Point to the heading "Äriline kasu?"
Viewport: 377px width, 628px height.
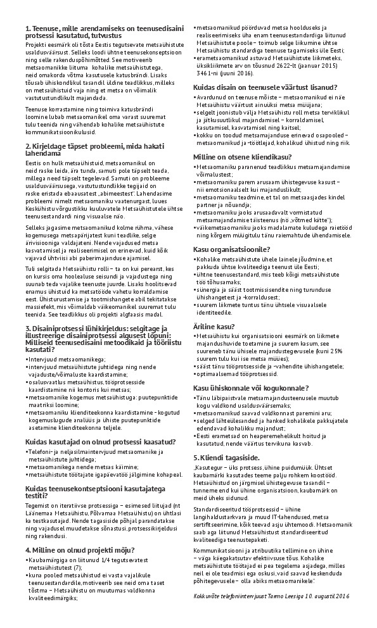pos(212,325)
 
